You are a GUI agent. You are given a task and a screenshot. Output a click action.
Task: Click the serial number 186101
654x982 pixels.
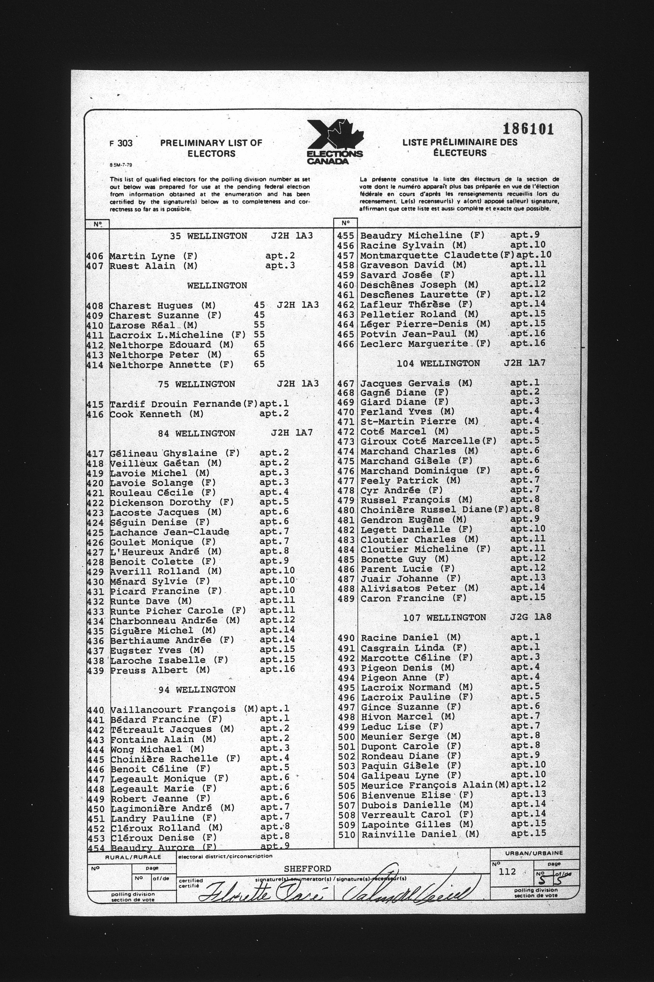(x=528, y=129)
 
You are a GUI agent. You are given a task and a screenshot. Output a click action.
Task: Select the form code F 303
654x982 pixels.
(x=121, y=143)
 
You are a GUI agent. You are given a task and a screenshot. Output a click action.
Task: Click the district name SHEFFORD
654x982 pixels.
(x=308, y=868)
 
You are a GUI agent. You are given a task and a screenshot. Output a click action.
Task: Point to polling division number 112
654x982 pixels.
(x=508, y=871)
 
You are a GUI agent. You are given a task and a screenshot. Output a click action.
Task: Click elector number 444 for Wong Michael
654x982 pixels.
(x=96, y=749)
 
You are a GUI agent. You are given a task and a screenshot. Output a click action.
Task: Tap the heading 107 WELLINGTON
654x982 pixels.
(x=445, y=617)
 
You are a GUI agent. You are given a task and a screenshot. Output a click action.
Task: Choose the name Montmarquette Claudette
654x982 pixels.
(x=429, y=255)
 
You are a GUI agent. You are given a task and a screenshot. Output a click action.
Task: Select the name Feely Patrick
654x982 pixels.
(x=399, y=480)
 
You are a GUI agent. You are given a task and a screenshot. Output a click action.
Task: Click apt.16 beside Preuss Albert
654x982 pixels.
(x=277, y=669)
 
